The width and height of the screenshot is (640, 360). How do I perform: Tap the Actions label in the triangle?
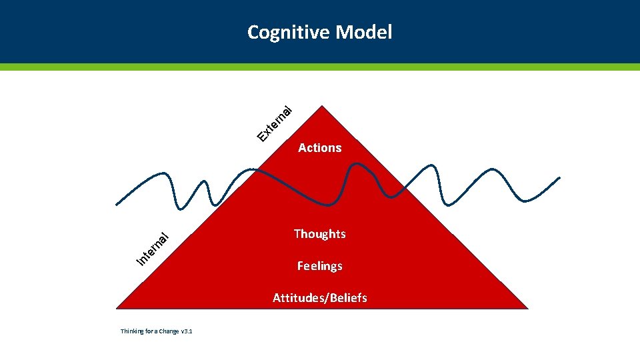click(x=320, y=148)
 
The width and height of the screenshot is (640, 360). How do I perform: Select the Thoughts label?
click(x=320, y=234)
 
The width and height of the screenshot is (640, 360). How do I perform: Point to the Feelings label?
click(x=320, y=266)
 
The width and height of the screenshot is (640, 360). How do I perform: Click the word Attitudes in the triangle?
click(x=297, y=298)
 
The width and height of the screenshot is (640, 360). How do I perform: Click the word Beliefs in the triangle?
click(x=347, y=298)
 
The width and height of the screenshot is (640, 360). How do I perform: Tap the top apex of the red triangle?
click(x=322, y=106)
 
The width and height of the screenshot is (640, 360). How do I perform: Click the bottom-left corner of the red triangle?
click(x=117, y=308)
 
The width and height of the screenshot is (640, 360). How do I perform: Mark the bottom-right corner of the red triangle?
click(x=527, y=308)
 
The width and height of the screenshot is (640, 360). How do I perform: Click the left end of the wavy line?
click(x=117, y=204)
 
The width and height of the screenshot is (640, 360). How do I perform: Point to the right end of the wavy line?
click(x=559, y=178)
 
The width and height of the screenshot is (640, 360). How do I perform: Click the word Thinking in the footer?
click(x=131, y=331)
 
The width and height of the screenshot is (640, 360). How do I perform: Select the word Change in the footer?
click(x=167, y=331)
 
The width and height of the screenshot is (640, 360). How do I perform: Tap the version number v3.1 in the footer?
click(x=186, y=331)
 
